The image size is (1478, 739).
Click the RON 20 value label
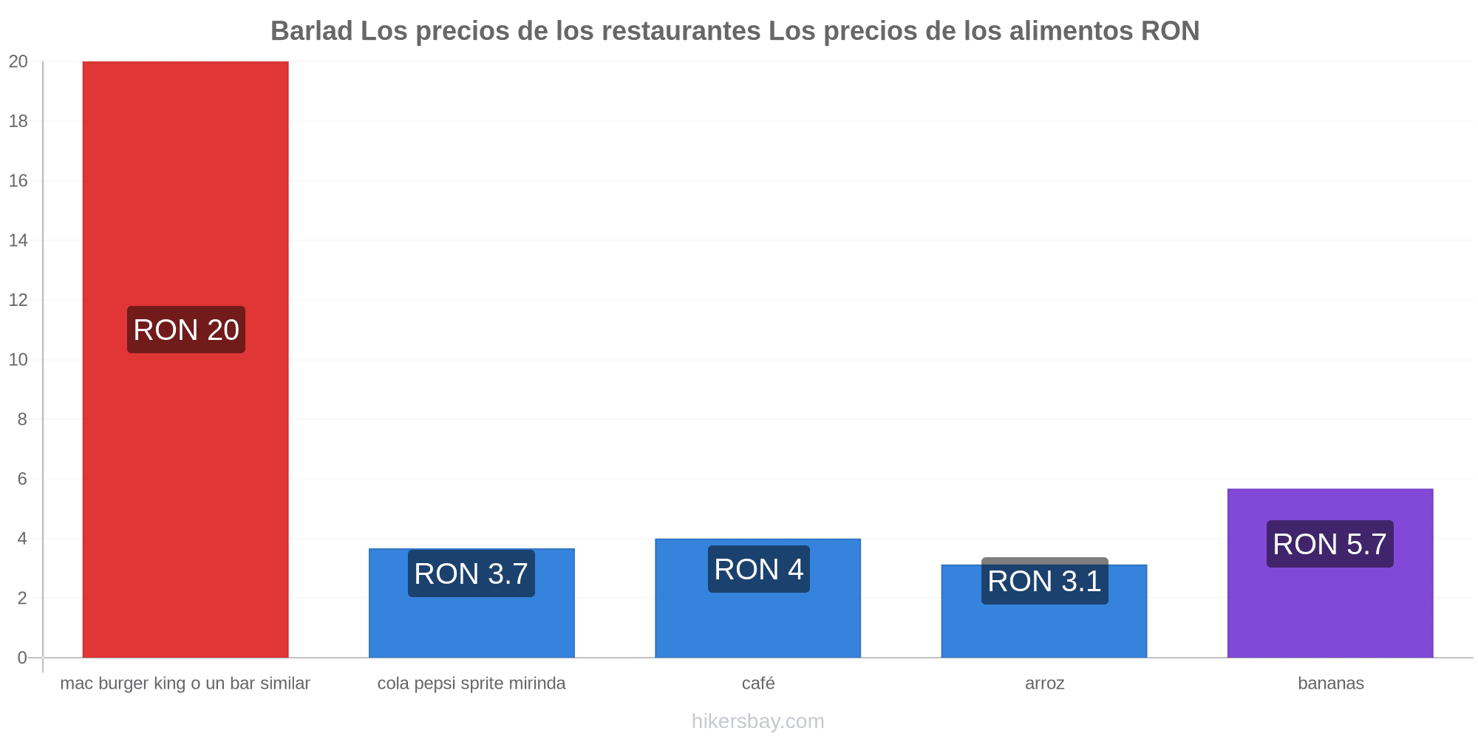coord(186,330)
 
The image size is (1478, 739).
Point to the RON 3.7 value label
coord(471,573)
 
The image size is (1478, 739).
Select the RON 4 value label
coord(759,569)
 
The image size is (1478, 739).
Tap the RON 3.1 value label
coord(1045,581)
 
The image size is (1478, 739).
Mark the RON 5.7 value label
coord(1330,544)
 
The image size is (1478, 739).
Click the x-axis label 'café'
coord(758,683)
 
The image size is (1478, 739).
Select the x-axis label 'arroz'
coord(1045,683)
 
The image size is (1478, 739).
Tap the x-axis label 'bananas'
coord(1331,683)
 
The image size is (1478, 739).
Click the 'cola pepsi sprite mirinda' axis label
coord(471,683)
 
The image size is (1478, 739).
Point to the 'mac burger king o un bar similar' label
coord(185,683)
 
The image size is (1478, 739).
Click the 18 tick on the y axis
coord(18,121)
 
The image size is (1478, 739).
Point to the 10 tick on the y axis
coord(18,360)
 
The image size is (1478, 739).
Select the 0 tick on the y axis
coord(23,658)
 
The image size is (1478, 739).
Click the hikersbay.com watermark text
coord(758,721)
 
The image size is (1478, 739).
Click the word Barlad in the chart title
coord(312,31)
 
